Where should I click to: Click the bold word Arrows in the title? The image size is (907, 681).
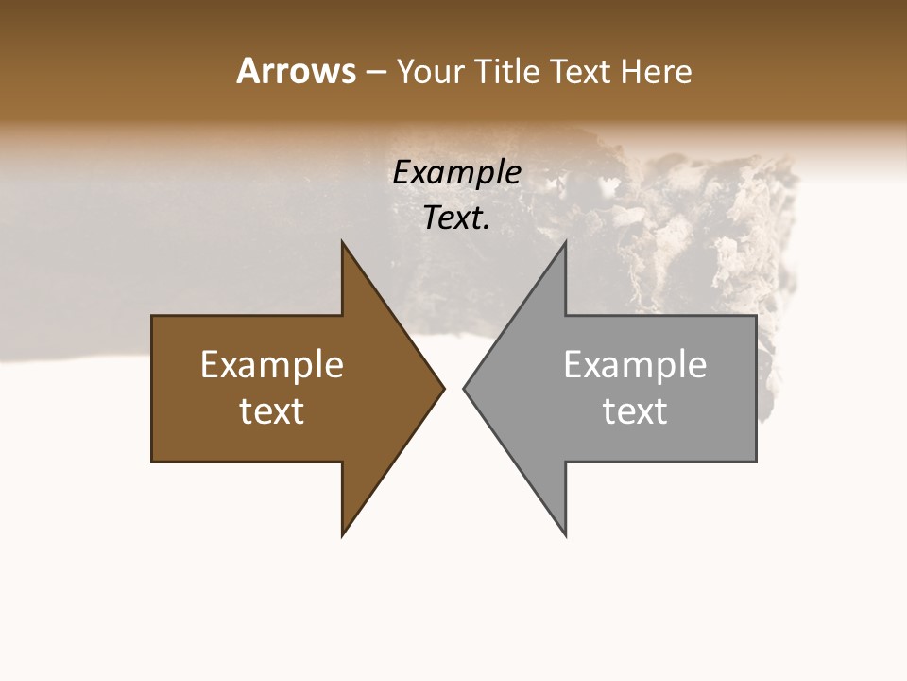[296, 71]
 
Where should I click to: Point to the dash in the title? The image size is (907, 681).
[375, 72]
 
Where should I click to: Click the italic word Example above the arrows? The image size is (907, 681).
[457, 173]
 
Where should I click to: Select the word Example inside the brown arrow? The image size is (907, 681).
[272, 365]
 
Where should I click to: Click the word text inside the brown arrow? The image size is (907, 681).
[272, 411]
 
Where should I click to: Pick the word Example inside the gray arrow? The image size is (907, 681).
[635, 365]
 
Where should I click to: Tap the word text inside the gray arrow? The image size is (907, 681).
[635, 411]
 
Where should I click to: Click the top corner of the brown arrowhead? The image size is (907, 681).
[343, 243]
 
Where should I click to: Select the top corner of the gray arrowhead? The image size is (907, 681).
[565, 243]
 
